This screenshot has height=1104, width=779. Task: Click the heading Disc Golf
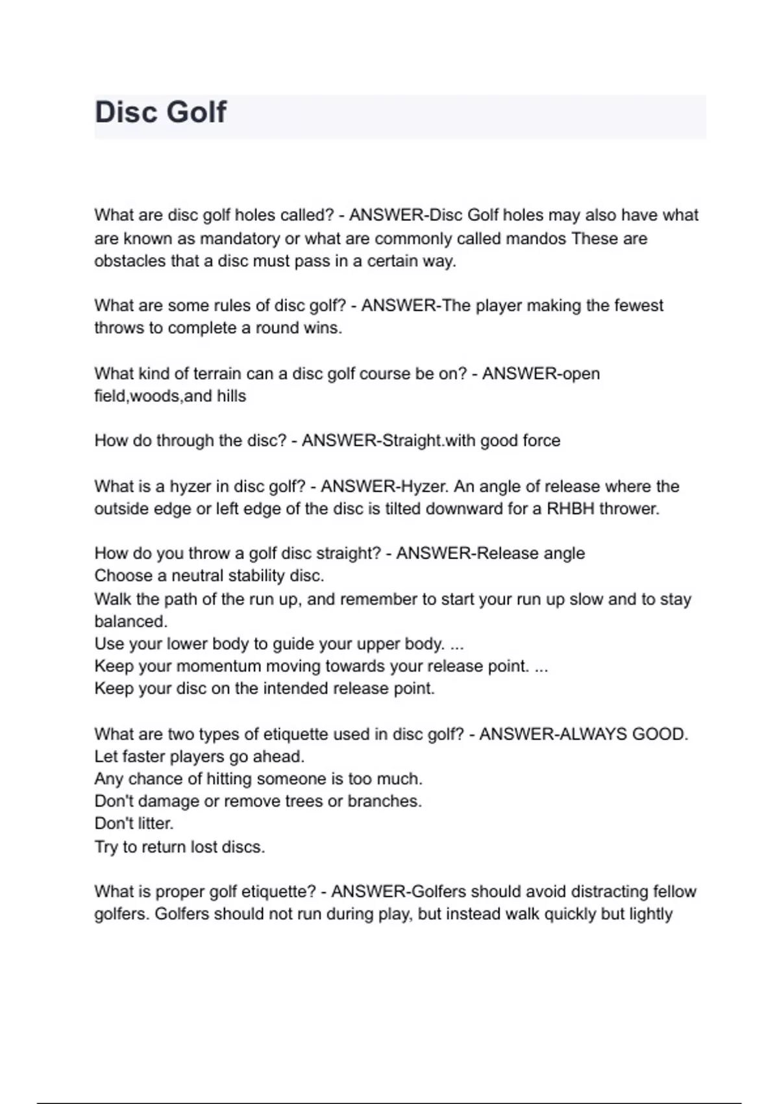tap(160, 112)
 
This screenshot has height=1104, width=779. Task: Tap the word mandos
tap(536, 238)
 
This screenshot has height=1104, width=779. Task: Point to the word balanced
tap(130, 621)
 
